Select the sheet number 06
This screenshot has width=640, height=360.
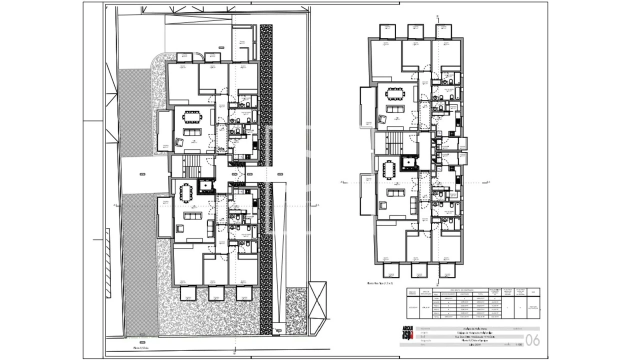tap(533, 340)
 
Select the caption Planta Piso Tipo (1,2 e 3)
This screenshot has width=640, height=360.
tap(380, 283)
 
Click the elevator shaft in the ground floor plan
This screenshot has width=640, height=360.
tap(205, 186)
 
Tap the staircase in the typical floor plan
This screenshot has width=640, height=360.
tap(395, 144)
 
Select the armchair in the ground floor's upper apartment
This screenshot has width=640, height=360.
tap(179, 142)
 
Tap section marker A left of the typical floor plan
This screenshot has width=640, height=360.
tap(341, 182)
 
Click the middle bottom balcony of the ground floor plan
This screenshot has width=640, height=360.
tap(216, 293)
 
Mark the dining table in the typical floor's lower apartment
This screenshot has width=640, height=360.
tap(389, 169)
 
